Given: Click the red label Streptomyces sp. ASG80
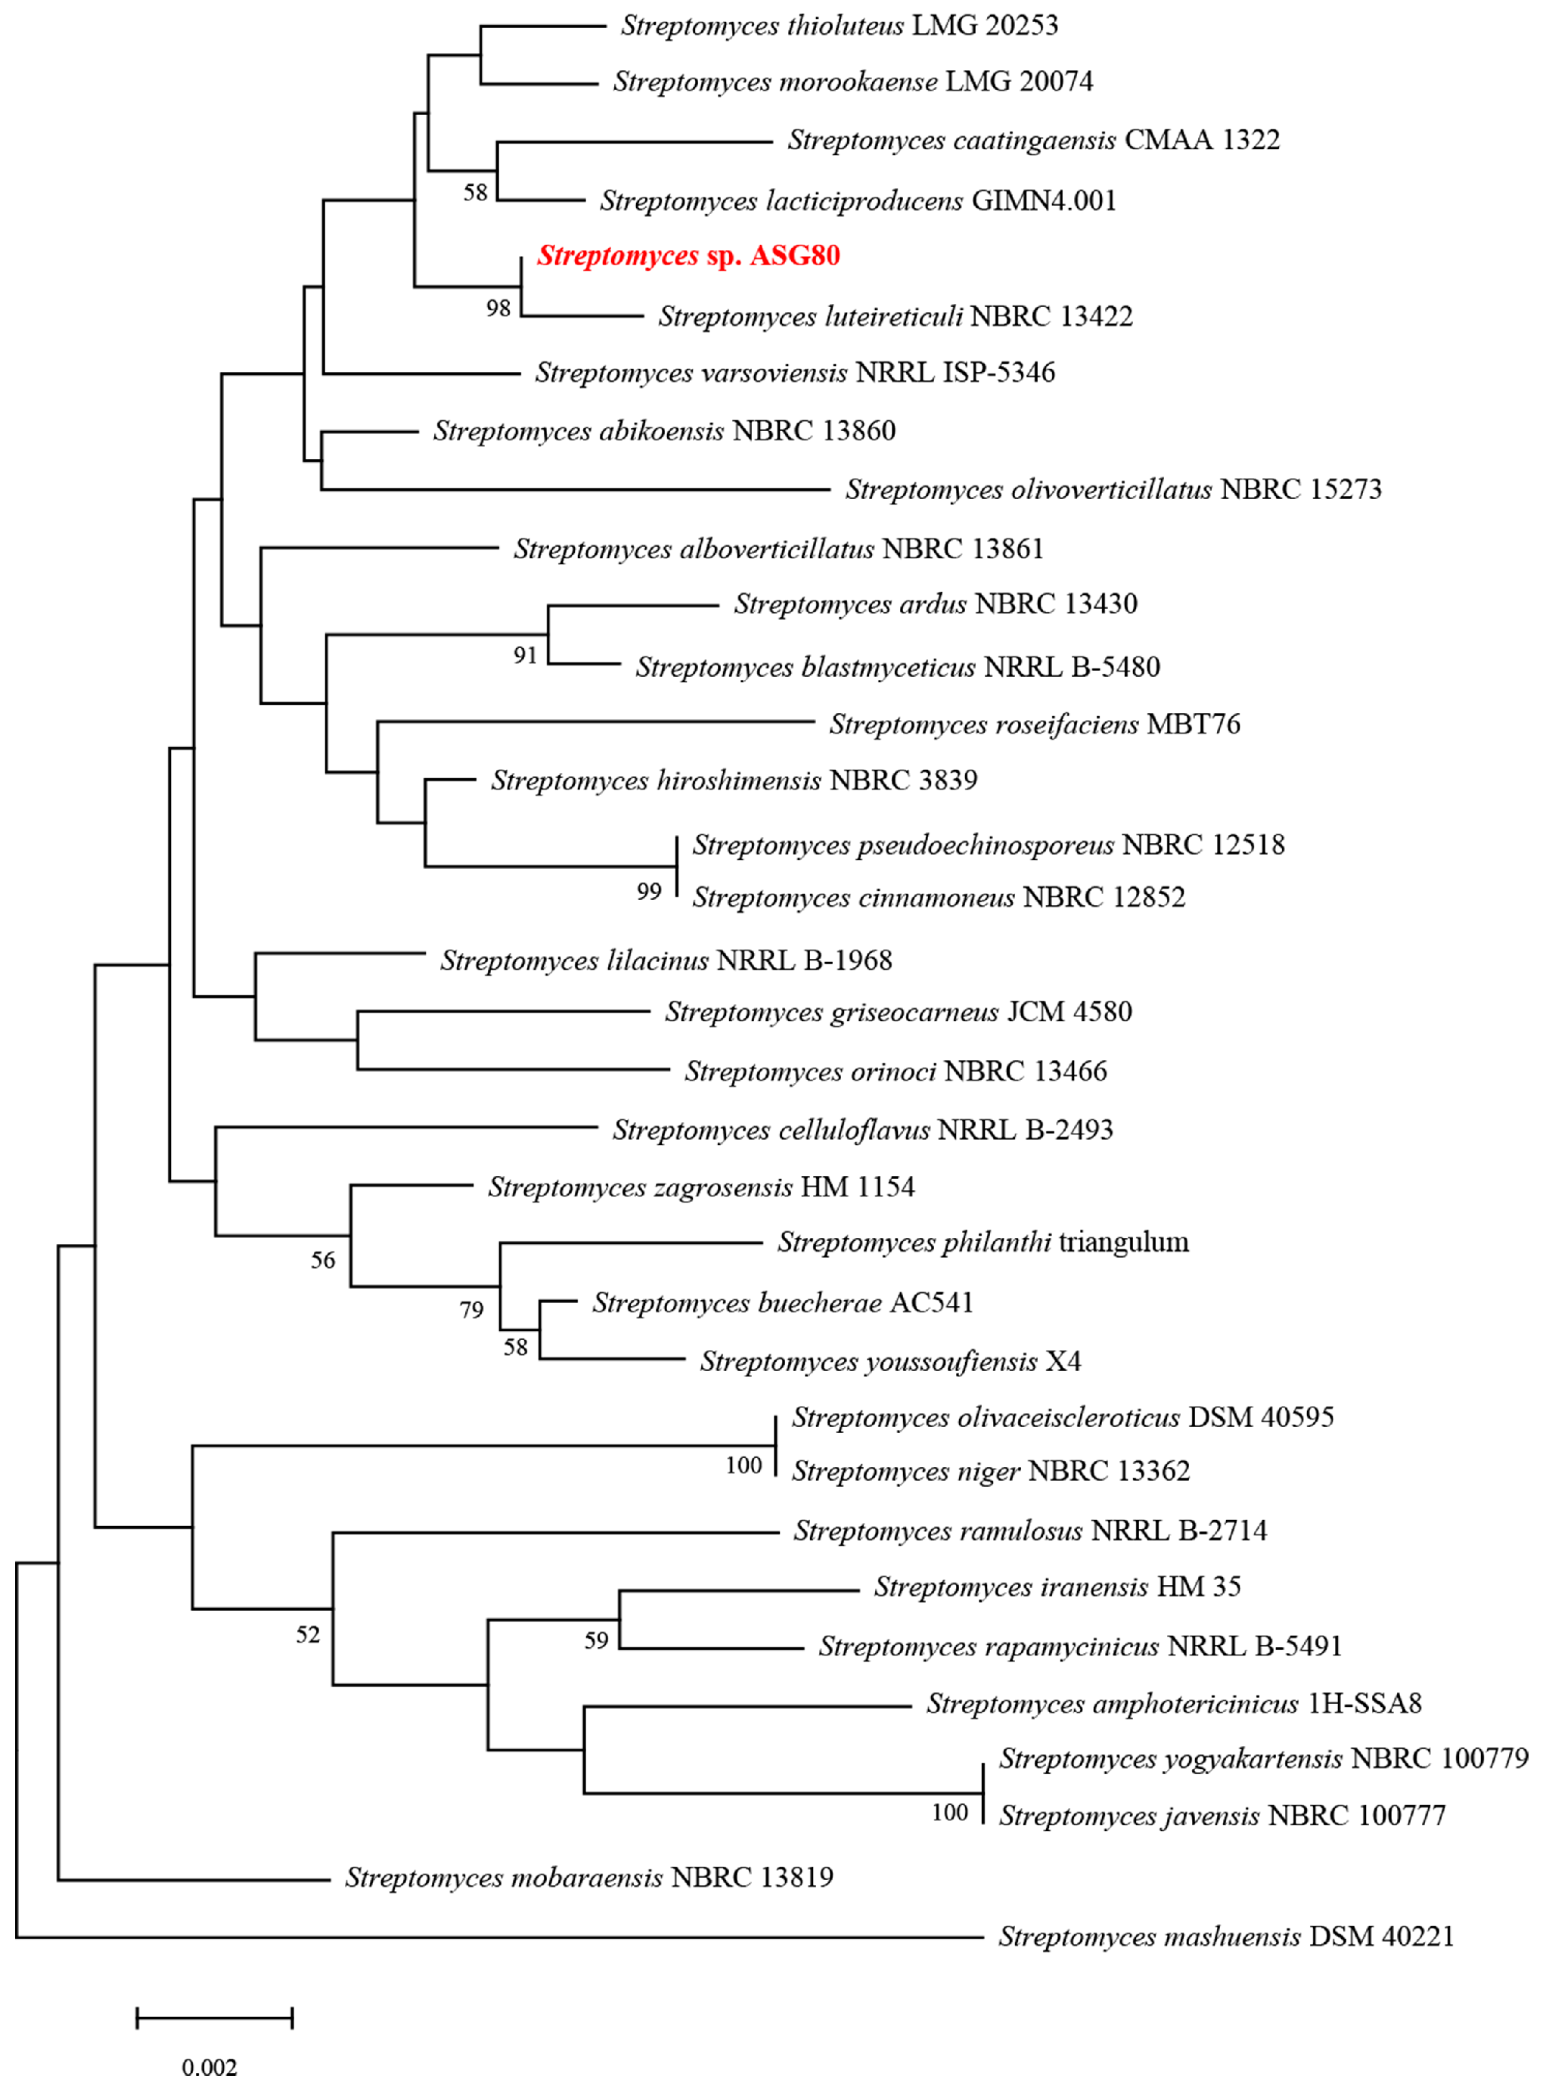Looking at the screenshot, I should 688,256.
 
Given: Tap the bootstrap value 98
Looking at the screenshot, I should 498,308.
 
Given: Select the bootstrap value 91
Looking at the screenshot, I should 525,656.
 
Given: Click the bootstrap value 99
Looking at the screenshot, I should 649,892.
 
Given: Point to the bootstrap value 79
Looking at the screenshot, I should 472,1310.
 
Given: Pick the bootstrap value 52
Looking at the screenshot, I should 309,1634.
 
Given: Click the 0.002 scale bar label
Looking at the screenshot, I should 210,2068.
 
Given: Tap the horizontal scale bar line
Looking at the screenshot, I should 215,2018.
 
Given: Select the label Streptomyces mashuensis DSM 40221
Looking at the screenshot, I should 1225,1937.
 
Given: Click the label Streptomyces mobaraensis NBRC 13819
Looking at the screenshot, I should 589,1877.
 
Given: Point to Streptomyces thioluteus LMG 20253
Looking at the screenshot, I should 839,26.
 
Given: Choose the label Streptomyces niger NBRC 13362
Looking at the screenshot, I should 990,1471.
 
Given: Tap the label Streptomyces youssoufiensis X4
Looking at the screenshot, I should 890,1361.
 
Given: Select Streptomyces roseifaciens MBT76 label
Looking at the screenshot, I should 1034,724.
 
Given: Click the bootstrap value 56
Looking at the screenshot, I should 323,1261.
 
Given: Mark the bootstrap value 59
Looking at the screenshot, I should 596,1641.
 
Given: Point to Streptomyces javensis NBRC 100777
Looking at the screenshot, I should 1222,1815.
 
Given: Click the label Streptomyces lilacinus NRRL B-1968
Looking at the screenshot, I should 666,961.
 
